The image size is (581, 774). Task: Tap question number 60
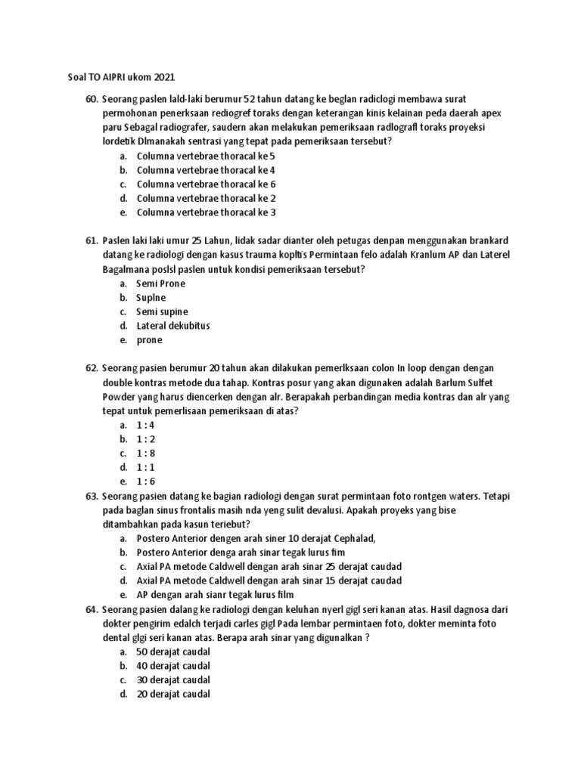[92, 99]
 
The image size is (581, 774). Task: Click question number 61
[92, 240]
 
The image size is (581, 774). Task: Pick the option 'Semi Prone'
[160, 283]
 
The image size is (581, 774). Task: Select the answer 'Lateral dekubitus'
[172, 326]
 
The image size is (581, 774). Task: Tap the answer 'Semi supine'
[162, 311]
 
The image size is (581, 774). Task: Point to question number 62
[92, 368]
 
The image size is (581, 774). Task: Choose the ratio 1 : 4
[145, 425]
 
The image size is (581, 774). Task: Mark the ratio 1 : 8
[145, 454]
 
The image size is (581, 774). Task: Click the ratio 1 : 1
[145, 468]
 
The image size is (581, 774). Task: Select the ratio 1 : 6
[145, 481]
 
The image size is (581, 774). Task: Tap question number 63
[92, 496]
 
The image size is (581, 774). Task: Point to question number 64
[92, 609]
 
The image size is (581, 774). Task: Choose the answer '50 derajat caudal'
[173, 652]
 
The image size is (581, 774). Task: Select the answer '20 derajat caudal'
[173, 694]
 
